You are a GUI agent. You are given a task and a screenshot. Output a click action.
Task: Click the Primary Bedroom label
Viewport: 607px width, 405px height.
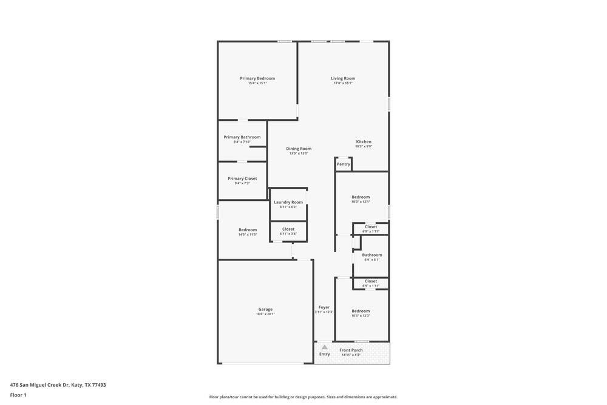pyautogui.click(x=257, y=78)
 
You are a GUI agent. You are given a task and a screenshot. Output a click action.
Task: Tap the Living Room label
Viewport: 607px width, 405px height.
pyautogui.click(x=343, y=78)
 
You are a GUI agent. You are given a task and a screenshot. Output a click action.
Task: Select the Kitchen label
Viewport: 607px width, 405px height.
pyautogui.click(x=364, y=141)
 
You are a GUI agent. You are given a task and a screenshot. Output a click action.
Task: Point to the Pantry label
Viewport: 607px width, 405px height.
pyautogui.click(x=344, y=164)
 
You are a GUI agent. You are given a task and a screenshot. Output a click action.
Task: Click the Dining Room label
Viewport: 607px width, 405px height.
pyautogui.click(x=299, y=149)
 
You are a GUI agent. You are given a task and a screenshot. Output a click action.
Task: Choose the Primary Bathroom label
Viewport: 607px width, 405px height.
pyautogui.click(x=242, y=137)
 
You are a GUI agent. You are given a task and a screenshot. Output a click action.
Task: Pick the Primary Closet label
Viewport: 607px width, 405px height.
pyautogui.click(x=242, y=179)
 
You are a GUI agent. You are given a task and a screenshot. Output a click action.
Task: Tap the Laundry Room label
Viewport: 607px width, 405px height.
pyautogui.click(x=288, y=202)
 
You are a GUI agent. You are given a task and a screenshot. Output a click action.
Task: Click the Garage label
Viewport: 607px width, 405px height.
pyautogui.click(x=265, y=309)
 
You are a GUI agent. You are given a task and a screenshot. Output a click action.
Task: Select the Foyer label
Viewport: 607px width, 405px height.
pyautogui.click(x=324, y=307)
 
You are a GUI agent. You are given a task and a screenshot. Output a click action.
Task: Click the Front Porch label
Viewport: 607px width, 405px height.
pyautogui.click(x=351, y=350)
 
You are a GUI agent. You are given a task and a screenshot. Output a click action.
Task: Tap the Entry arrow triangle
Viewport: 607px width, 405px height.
pyautogui.click(x=325, y=347)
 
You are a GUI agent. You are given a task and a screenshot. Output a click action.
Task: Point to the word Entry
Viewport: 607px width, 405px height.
pyautogui.click(x=325, y=354)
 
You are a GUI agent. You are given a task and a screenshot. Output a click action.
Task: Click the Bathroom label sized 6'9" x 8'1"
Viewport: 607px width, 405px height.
pyautogui.click(x=372, y=255)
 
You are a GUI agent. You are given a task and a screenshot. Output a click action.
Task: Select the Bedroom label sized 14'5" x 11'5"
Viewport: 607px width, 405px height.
pyautogui.click(x=248, y=230)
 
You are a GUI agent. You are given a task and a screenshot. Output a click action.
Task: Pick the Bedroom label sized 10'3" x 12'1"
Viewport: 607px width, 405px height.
pyautogui.click(x=361, y=197)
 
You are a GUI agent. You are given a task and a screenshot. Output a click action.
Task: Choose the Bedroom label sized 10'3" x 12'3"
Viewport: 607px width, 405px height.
pyautogui.click(x=361, y=311)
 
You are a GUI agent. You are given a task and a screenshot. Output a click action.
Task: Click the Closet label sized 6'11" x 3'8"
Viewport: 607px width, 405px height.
pyautogui.click(x=288, y=229)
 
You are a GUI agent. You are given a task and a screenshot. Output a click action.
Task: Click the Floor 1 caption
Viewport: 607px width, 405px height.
pyautogui.click(x=18, y=395)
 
